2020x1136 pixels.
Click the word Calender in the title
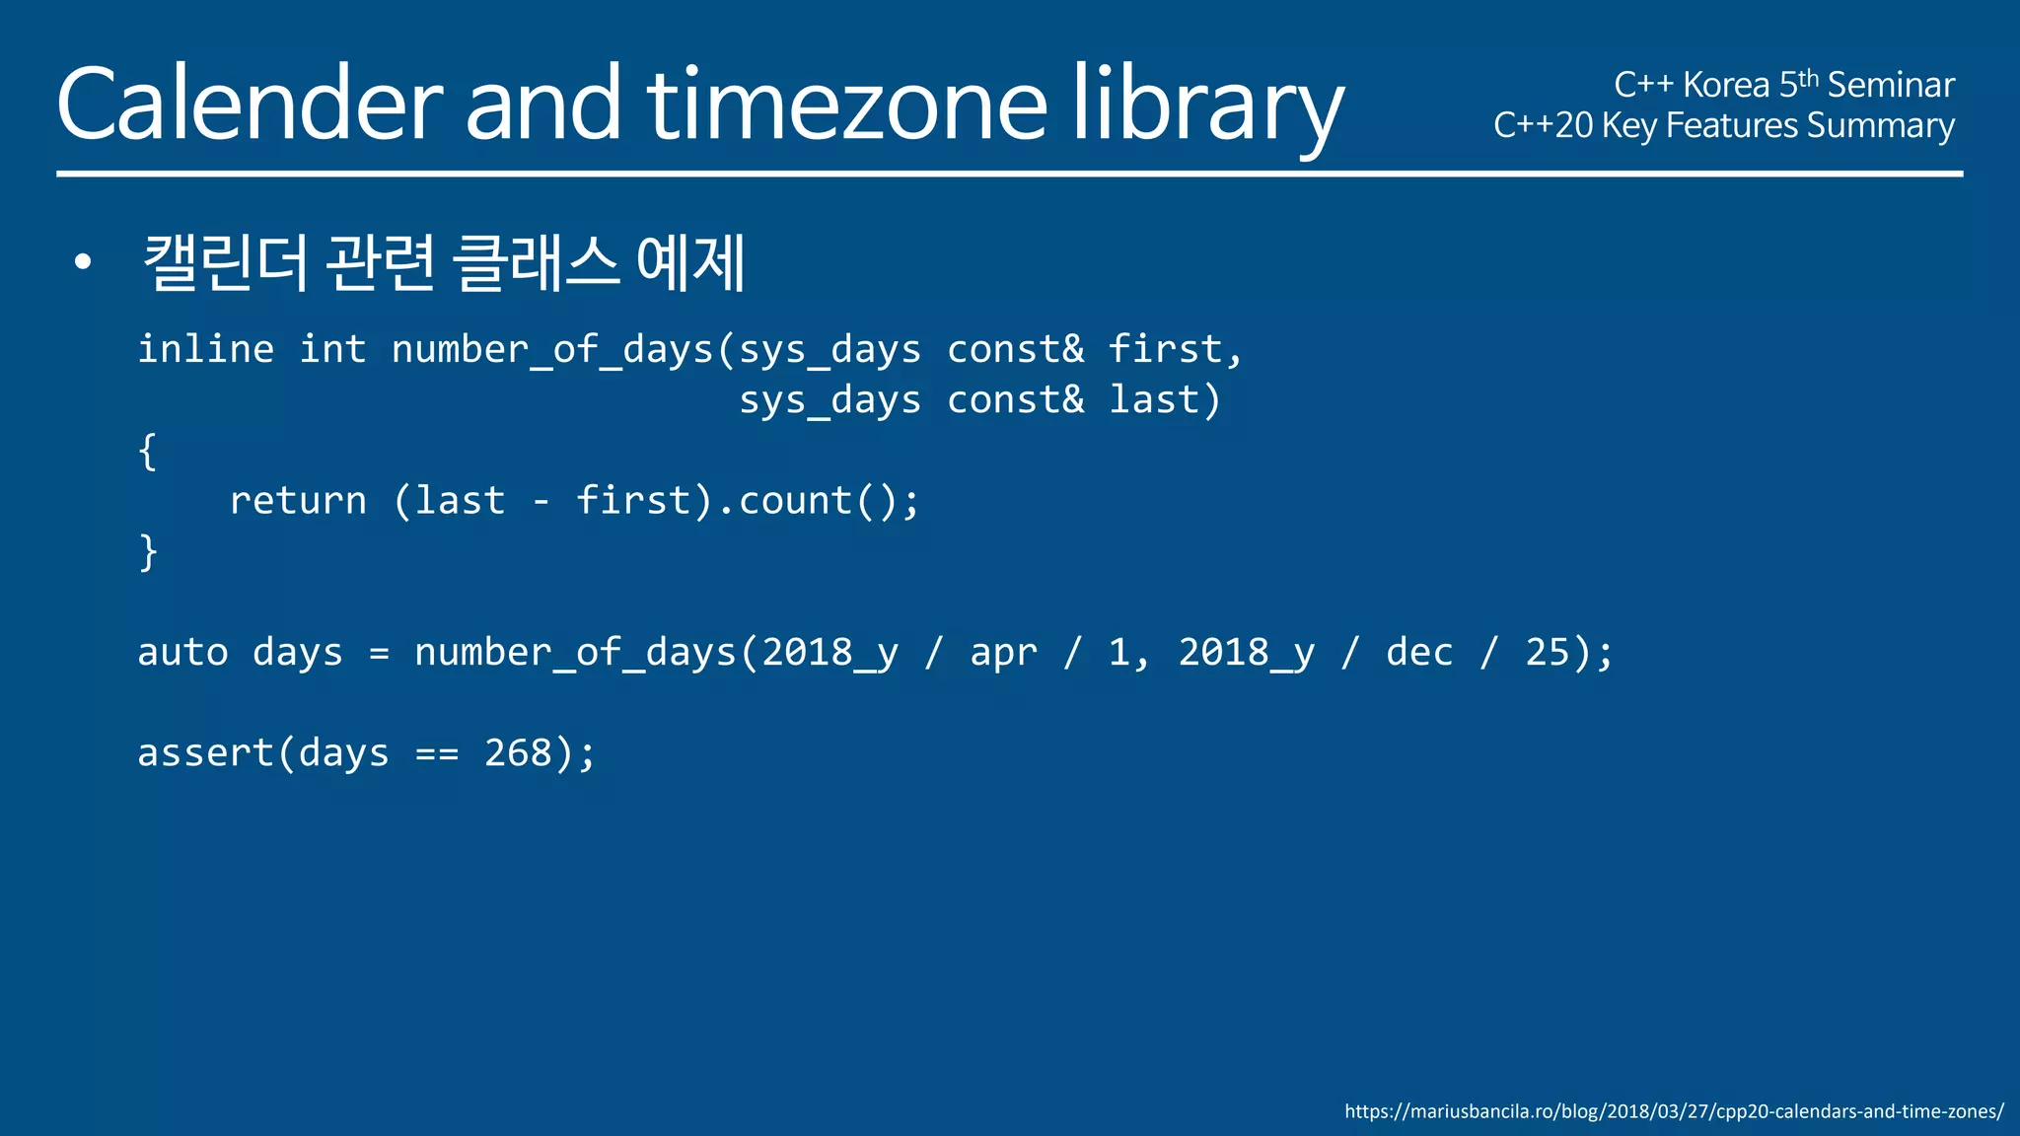pyautogui.click(x=249, y=105)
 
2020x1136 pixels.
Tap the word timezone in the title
pyautogui.click(x=846, y=105)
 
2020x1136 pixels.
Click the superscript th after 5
pyautogui.click(x=1808, y=78)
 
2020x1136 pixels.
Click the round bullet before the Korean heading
pyautogui.click(x=83, y=262)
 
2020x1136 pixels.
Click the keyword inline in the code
pyautogui.click(x=205, y=349)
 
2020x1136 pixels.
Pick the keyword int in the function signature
pyautogui.click(x=332, y=349)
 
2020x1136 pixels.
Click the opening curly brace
pyautogui.click(x=148, y=452)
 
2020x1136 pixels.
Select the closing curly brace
pyautogui.click(x=148, y=552)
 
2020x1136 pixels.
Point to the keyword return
pyautogui.click(x=298, y=501)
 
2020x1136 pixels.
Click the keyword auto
pyautogui.click(x=182, y=653)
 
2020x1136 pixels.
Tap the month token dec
pyautogui.click(x=1419, y=653)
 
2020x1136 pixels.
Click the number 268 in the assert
pyautogui.click(x=518, y=753)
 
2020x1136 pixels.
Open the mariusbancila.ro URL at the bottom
pyautogui.click(x=1674, y=1111)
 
